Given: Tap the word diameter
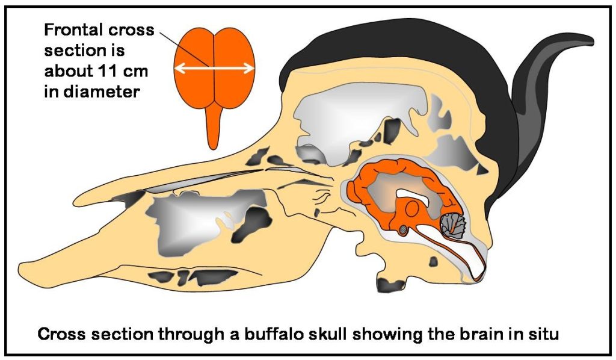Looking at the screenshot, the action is tap(101, 92).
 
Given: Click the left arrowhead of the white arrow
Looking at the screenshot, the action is tap(179, 69).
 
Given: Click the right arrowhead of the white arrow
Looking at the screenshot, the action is tap(249, 69).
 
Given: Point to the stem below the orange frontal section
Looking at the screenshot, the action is tap(213, 126).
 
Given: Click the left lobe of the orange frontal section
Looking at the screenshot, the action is tap(194, 67).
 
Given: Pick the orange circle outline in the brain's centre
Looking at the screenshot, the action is tap(411, 208).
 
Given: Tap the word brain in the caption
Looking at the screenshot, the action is tap(481, 335).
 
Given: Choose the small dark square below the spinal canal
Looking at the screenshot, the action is tap(433, 261).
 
